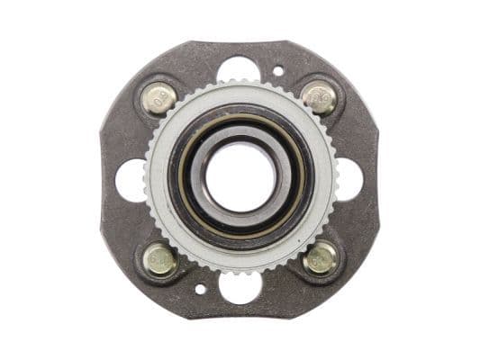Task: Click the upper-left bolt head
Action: click(159, 97)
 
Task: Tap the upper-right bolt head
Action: click(319, 97)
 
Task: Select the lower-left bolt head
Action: click(160, 259)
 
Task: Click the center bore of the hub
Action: click(240, 177)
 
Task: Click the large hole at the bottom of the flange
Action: click(240, 287)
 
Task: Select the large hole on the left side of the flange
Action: click(131, 179)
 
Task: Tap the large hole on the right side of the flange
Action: click(349, 179)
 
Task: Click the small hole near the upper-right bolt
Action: click(278, 70)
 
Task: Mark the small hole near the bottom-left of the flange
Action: click(200, 290)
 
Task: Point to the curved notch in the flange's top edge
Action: click(240, 43)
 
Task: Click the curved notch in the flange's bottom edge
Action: click(240, 315)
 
